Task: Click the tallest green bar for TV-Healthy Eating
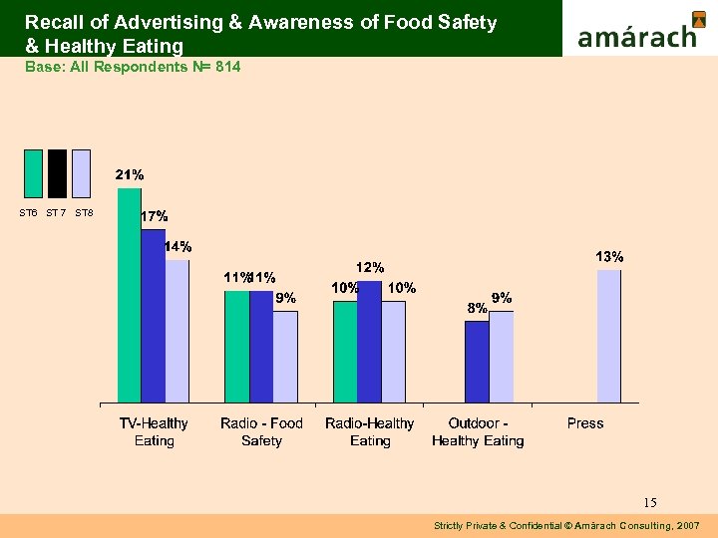[x=130, y=295]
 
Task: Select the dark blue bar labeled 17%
[x=154, y=316]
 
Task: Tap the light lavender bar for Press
[x=609, y=336]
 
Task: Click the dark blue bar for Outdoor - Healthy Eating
[x=477, y=362]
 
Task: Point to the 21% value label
[x=130, y=174]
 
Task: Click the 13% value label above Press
[x=609, y=257]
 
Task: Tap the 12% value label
[x=370, y=267]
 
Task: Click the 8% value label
[x=478, y=308]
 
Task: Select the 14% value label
[x=179, y=246]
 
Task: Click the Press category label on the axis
[x=585, y=423]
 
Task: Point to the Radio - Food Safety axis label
[x=261, y=431]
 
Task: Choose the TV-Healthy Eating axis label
[x=154, y=431]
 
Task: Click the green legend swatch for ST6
[x=33, y=174]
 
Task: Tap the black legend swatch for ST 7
[x=57, y=174]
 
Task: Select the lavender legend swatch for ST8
[x=82, y=174]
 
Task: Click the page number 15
[x=650, y=502]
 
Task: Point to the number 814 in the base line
[x=226, y=66]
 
